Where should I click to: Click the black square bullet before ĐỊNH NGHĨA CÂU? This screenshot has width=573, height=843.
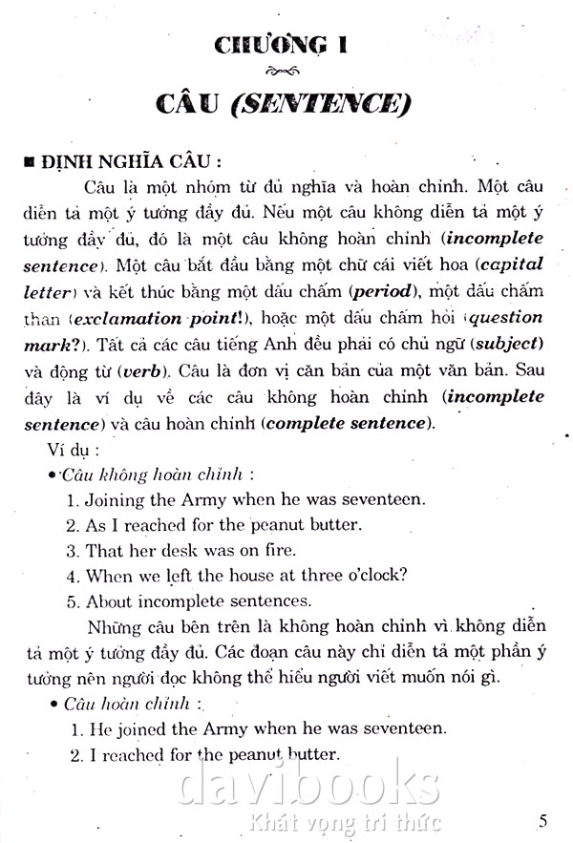(31, 158)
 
